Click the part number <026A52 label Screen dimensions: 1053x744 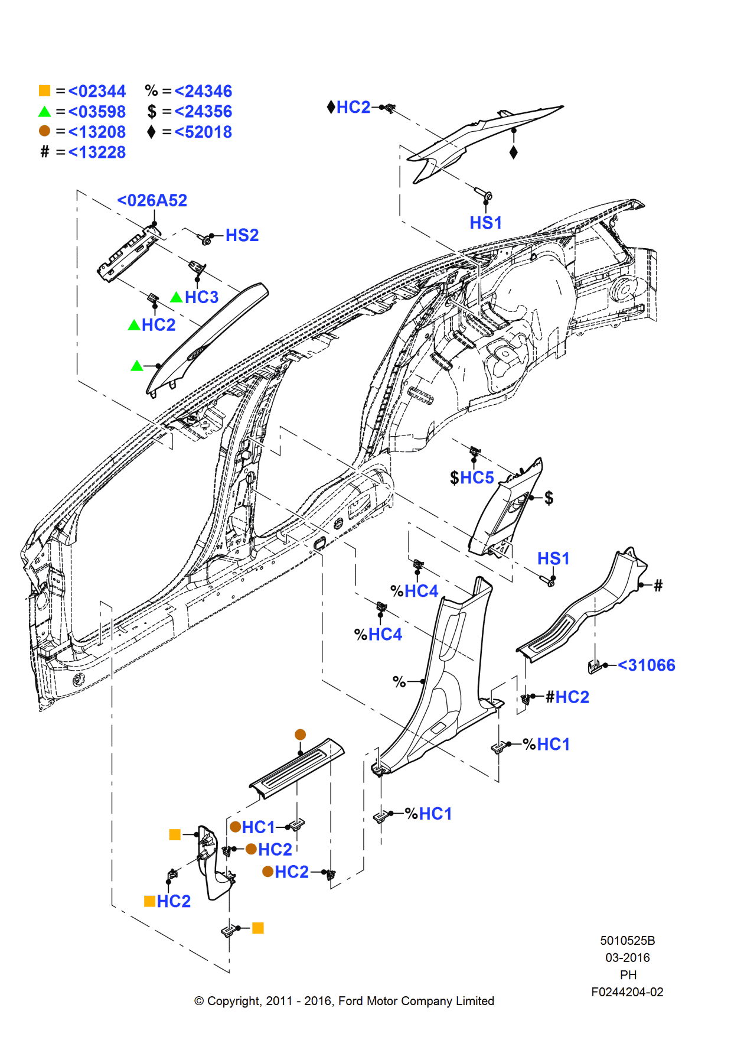click(x=152, y=201)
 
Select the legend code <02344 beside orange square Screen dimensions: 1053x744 click(x=97, y=92)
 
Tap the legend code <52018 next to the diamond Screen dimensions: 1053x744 click(x=203, y=132)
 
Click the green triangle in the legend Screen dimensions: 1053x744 click(x=45, y=112)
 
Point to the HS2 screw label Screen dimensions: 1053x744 click(x=242, y=236)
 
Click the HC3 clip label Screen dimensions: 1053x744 click(x=201, y=297)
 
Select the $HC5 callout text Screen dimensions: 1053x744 click(x=472, y=477)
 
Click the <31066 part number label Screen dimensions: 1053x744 click(x=646, y=665)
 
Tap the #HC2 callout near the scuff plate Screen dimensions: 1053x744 click(x=567, y=697)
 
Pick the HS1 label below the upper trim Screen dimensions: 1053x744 click(x=485, y=223)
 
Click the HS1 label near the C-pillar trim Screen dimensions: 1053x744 click(x=553, y=558)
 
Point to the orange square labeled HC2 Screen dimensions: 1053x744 click(x=150, y=901)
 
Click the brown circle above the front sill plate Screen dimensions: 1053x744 click(x=300, y=734)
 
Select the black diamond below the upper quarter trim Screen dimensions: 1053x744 click(x=513, y=152)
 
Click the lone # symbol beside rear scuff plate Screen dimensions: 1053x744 click(x=658, y=586)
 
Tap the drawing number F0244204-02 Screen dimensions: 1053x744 click(x=627, y=992)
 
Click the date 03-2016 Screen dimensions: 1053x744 click(x=627, y=958)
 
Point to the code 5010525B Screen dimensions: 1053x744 click(x=627, y=941)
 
